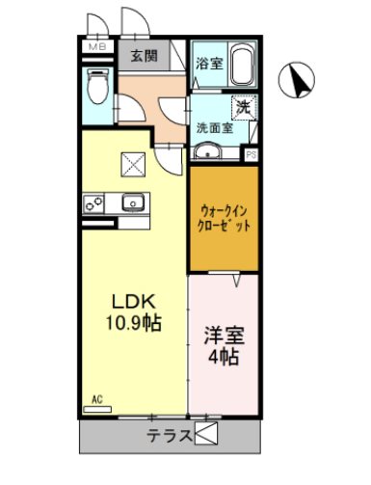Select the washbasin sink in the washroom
click(x=208, y=152)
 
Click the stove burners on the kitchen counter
click(x=96, y=202)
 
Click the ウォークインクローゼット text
click(x=225, y=216)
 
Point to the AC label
click(x=97, y=398)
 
